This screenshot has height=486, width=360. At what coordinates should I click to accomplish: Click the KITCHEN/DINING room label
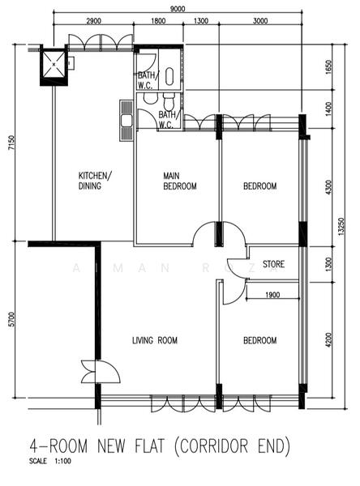[x=95, y=181]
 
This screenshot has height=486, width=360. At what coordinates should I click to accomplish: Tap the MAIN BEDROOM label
[x=180, y=181]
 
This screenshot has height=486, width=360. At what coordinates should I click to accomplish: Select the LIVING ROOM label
[x=155, y=340]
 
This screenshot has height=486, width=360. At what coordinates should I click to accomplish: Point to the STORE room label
[x=273, y=264]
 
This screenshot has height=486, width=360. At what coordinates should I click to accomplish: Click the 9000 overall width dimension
[x=178, y=9]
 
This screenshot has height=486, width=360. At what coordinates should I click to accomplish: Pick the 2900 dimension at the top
[x=93, y=21]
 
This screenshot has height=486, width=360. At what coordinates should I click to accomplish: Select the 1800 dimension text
[x=158, y=21]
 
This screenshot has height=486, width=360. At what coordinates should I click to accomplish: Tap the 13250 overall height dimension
[x=341, y=226]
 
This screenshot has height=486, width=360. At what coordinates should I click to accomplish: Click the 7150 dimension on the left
[x=12, y=143]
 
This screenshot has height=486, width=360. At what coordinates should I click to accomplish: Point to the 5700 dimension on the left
[x=12, y=319]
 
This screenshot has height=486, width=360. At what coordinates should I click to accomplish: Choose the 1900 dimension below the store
[x=272, y=295]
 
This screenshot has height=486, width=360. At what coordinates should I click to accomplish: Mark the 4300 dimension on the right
[x=329, y=187]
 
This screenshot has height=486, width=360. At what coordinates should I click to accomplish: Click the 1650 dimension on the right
[x=329, y=67]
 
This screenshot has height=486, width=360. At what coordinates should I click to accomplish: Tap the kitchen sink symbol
[x=126, y=121]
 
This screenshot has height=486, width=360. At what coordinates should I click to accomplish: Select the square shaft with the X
[x=54, y=65]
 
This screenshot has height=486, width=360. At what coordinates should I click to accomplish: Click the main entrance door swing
[x=101, y=372]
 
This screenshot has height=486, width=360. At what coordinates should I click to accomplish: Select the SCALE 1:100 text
[x=50, y=461]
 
